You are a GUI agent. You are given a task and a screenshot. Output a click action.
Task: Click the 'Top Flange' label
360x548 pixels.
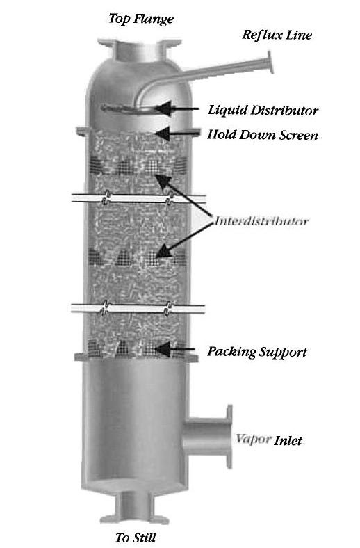click(x=140, y=19)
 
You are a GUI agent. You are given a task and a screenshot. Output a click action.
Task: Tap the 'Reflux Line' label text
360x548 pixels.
click(x=277, y=35)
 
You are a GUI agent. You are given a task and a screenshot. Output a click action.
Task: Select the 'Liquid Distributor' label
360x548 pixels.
click(x=263, y=110)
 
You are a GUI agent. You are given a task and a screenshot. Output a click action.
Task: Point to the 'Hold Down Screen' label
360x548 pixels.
click(x=263, y=135)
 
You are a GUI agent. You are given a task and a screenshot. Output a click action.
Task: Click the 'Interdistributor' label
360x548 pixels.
click(x=261, y=221)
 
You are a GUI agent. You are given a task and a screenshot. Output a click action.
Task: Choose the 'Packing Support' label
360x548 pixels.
click(x=257, y=352)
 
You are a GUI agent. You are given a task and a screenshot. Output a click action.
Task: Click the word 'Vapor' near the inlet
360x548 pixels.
click(x=253, y=440)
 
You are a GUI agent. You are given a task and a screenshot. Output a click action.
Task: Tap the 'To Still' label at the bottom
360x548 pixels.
click(x=136, y=537)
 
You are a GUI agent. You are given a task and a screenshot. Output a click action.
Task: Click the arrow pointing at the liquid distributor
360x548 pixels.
click(x=177, y=108)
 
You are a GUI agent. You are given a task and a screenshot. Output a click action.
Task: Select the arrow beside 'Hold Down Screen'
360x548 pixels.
click(x=177, y=133)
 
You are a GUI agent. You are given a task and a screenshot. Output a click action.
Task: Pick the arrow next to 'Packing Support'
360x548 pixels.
click(x=174, y=349)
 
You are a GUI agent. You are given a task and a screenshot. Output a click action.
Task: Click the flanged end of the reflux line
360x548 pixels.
click(x=270, y=62)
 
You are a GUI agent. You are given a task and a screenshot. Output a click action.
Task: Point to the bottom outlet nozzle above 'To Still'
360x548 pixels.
click(x=134, y=507)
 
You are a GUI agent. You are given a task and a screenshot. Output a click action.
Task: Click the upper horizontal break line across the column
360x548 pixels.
click(x=138, y=199)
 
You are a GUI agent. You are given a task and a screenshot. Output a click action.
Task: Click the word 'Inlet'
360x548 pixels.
click(x=288, y=440)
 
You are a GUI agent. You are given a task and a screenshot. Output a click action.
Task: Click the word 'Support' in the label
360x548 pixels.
click(x=283, y=353)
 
